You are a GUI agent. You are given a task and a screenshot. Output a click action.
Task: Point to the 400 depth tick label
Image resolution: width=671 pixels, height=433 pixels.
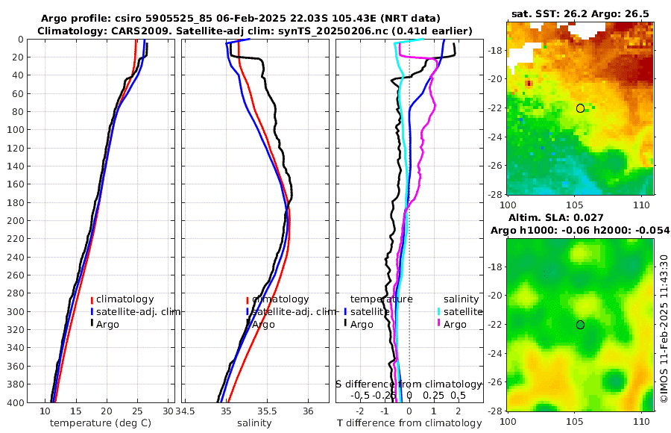(x=15, y=402)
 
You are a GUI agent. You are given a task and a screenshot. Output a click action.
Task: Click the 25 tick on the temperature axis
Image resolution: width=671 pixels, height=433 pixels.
(x=137, y=411)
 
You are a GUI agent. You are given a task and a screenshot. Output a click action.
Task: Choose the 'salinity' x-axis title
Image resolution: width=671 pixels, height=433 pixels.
(x=254, y=423)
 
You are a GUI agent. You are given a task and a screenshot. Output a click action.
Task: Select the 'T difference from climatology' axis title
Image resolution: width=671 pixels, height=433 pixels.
(x=409, y=423)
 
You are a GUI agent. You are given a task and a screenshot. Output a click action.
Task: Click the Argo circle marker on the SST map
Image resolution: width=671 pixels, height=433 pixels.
(x=580, y=108)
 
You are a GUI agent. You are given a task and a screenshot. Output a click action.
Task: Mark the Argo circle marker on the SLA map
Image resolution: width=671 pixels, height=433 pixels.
(x=580, y=325)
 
